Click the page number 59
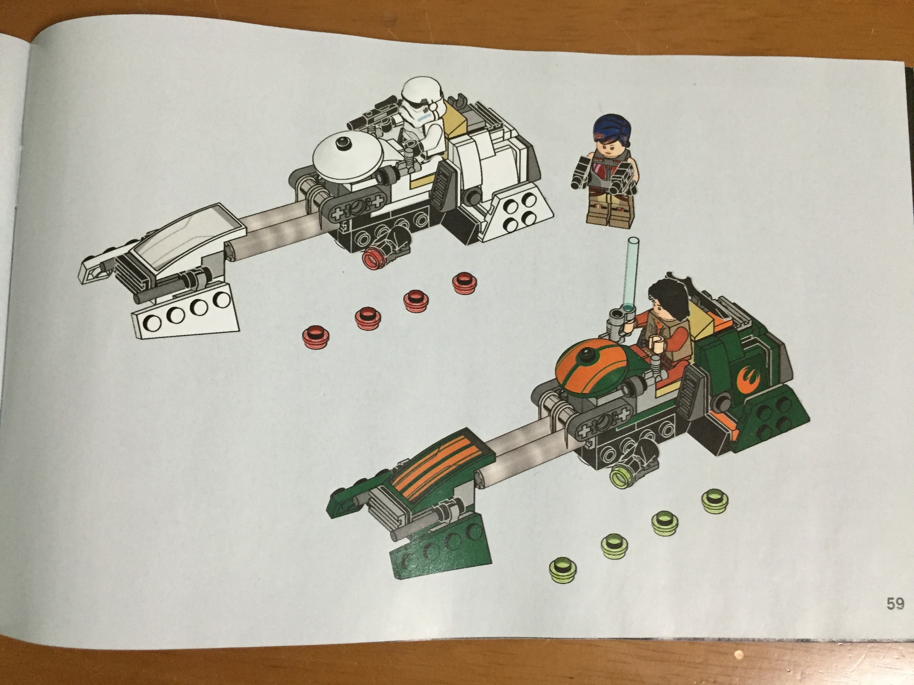coord(895,604)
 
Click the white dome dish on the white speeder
coord(349,157)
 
